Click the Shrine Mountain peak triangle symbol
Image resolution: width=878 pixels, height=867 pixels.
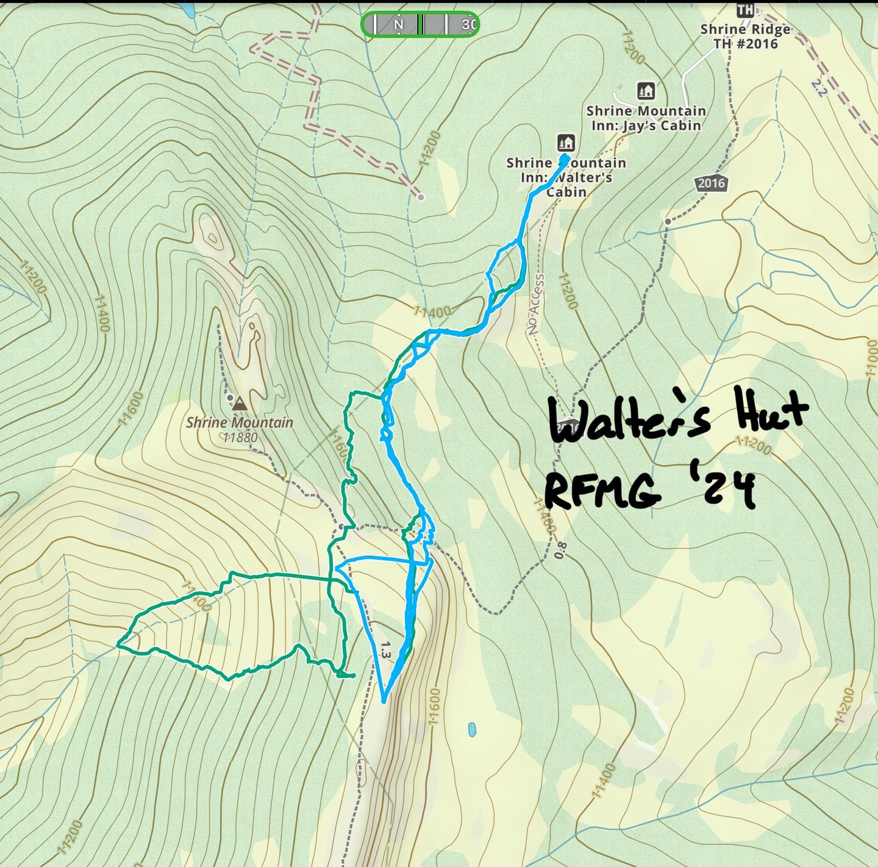click(x=240, y=404)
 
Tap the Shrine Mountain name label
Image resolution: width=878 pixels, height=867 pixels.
click(x=240, y=422)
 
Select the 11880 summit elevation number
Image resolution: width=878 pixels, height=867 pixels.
click(x=240, y=437)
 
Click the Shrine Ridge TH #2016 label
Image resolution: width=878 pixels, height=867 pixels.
click(x=745, y=36)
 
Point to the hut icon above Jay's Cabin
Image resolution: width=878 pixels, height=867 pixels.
click(x=646, y=91)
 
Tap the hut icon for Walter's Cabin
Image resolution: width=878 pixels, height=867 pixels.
click(x=566, y=143)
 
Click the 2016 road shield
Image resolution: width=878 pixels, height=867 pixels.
click(x=711, y=183)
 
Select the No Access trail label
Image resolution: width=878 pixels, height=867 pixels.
click(x=535, y=304)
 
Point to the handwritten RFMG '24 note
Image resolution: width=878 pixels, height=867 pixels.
click(x=650, y=489)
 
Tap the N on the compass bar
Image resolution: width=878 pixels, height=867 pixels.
click(x=399, y=24)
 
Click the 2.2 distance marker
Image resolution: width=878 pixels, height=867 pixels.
click(x=819, y=89)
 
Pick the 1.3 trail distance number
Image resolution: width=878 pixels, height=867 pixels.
click(x=384, y=649)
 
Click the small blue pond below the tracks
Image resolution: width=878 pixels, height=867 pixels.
click(x=471, y=729)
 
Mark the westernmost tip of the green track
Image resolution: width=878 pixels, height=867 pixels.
click(x=118, y=643)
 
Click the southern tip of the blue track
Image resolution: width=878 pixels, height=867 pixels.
click(x=384, y=701)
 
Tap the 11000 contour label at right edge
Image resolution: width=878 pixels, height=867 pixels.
click(x=871, y=359)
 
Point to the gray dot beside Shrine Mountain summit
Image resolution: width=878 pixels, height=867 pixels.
click(x=230, y=398)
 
